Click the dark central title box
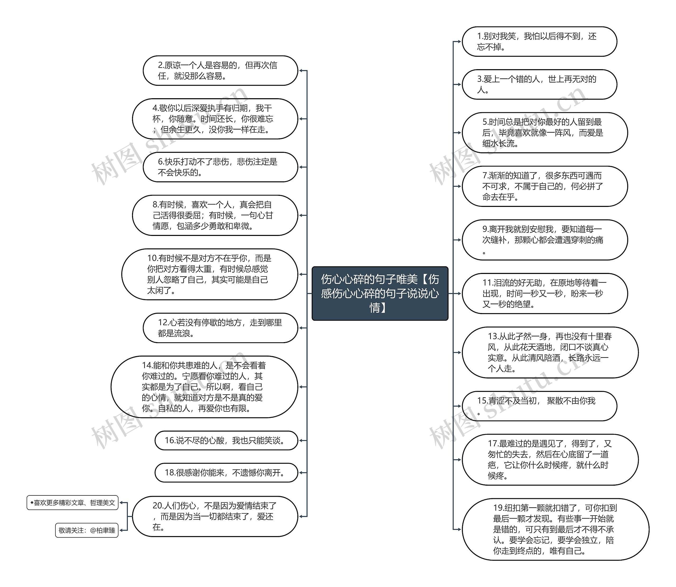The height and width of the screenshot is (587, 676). tap(379, 293)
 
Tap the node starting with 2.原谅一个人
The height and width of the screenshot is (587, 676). tap(220, 70)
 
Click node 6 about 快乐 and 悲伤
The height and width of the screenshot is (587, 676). tap(220, 167)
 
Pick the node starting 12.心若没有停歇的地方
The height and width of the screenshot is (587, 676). tap(220, 328)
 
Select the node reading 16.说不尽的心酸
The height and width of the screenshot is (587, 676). tap(226, 440)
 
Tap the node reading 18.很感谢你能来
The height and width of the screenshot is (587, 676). tap(226, 472)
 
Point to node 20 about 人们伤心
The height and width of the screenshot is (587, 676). tap(215, 516)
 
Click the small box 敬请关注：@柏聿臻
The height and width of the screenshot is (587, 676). tap(87, 530)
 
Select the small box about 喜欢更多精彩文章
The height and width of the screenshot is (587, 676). tap(72, 503)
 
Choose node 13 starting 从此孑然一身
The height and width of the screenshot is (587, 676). tap(550, 352)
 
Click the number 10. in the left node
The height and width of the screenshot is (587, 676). tap(152, 258)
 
